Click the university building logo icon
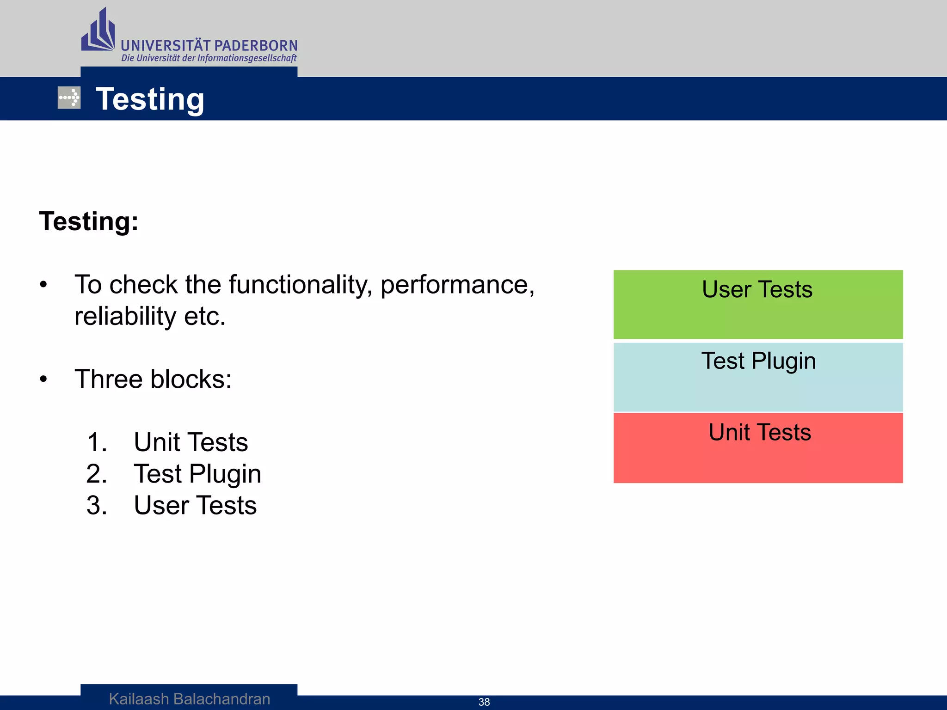coord(98,31)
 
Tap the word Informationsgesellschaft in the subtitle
coord(246,58)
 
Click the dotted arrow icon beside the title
coord(69,98)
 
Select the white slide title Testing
coord(150,99)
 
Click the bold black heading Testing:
coord(89,221)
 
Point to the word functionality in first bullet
coord(300,284)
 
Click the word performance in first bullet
coord(457,284)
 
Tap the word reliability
coord(125,316)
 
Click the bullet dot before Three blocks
coord(43,379)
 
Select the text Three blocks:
coord(153,379)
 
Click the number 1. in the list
coord(97,442)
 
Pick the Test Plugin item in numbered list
coord(197,474)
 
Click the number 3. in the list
coord(97,505)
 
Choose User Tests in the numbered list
coord(195,505)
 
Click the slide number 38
coord(484,702)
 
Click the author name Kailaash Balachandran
coord(190,699)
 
